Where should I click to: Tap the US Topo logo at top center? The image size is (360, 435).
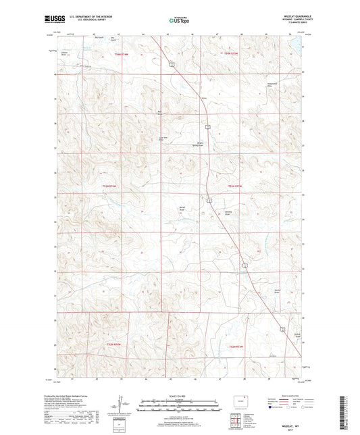pos(179,21)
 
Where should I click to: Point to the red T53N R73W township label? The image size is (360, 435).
pos(234,186)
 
